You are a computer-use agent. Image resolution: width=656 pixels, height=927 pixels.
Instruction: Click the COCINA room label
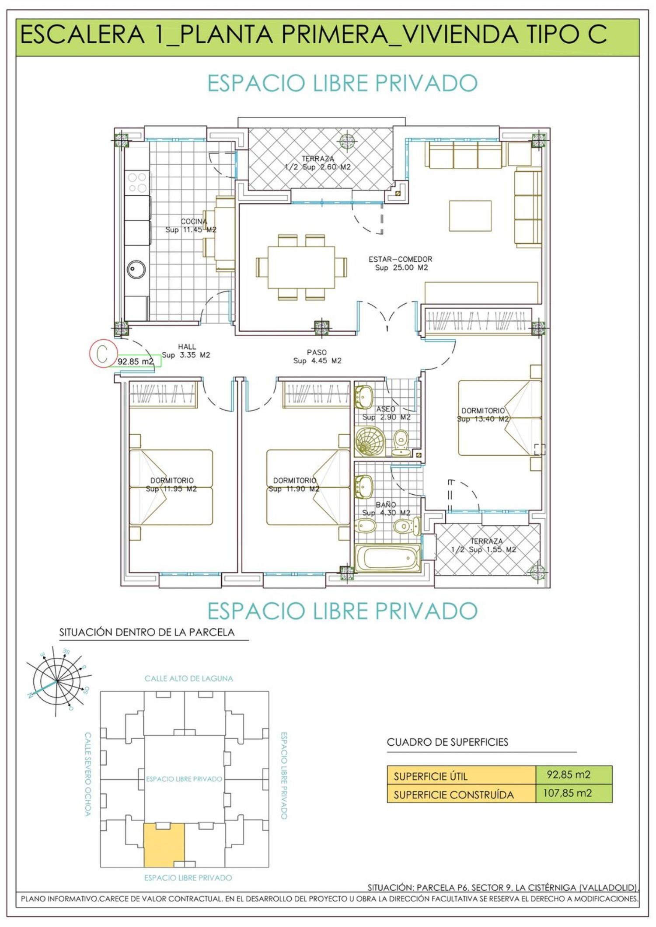(194, 222)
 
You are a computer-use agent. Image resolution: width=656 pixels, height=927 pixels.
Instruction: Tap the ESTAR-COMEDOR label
(400, 259)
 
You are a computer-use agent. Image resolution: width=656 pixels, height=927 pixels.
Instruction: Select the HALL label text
(187, 347)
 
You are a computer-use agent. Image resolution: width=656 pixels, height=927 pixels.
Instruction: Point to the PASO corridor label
(317, 352)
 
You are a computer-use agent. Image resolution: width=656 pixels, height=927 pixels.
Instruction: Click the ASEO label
(386, 409)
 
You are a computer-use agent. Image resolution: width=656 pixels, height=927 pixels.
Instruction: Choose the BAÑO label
(386, 505)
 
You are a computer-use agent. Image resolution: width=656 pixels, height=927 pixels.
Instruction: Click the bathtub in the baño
(388, 558)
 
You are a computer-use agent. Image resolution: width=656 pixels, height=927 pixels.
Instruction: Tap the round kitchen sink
(136, 270)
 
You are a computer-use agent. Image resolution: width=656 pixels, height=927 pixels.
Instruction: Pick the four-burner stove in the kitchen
(137, 183)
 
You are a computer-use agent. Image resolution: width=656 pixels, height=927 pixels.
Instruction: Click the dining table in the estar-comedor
(301, 267)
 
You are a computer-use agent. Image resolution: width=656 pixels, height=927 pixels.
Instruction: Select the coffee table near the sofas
(470, 216)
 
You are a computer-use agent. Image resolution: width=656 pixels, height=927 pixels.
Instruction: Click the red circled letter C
(102, 354)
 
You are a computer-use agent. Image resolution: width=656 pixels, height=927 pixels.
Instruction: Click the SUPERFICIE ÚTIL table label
(430, 777)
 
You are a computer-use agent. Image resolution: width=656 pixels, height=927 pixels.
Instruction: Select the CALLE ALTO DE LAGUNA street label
(189, 679)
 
